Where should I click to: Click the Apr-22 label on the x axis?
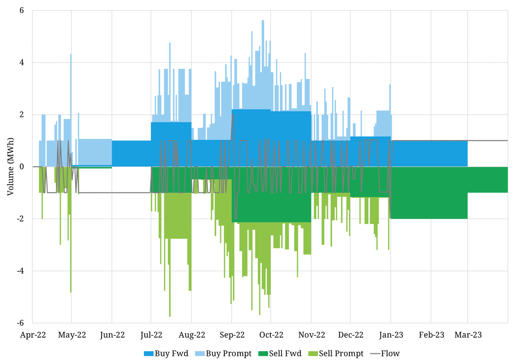pyautogui.click(x=32, y=335)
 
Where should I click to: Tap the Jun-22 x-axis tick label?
pyautogui.click(x=112, y=335)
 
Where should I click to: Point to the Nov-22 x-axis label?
pyautogui.click(x=311, y=335)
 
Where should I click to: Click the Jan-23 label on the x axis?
pyautogui.click(x=391, y=335)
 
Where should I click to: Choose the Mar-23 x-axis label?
pyautogui.click(x=468, y=335)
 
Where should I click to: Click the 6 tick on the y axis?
pyautogui.click(x=22, y=10)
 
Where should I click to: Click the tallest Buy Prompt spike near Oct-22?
pyautogui.click(x=263, y=22)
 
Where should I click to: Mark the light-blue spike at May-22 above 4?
pyautogui.click(x=71, y=55)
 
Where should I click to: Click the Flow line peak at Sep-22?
pyautogui.click(x=233, y=115)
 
